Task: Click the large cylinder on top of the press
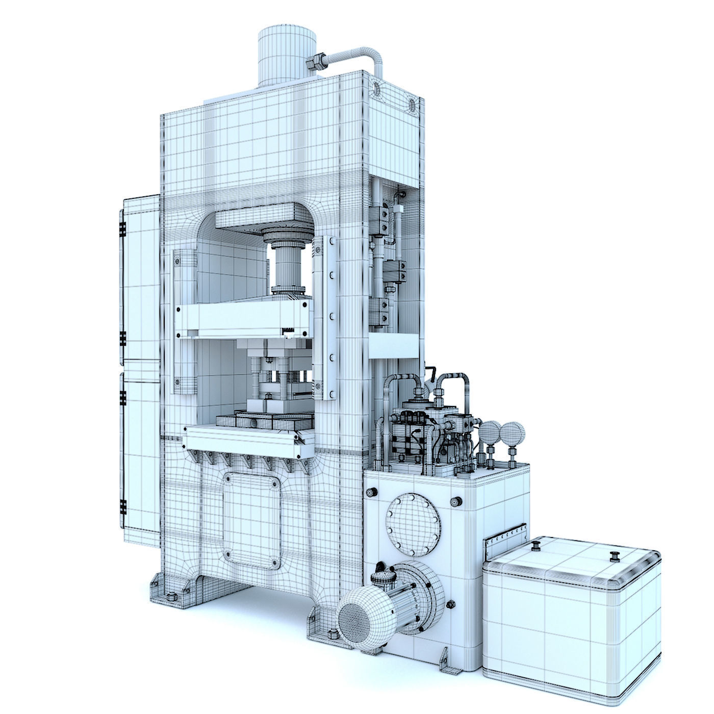286,54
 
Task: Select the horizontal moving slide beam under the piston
242,319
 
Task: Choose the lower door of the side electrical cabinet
140,451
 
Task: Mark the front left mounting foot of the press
168,592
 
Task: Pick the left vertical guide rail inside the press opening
185,319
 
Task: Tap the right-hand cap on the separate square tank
615,555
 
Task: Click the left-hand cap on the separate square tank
535,547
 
